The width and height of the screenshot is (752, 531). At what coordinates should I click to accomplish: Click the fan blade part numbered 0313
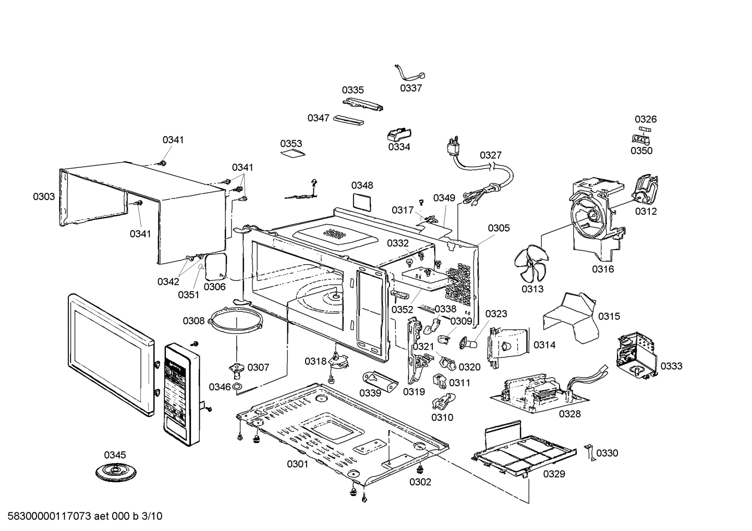click(531, 263)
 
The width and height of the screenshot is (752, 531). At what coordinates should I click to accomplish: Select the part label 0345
click(115, 455)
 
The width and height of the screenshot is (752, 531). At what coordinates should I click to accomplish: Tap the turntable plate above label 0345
click(116, 472)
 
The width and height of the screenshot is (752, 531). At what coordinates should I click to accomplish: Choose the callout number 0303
click(44, 196)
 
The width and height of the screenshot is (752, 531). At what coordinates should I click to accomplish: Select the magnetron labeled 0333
click(635, 356)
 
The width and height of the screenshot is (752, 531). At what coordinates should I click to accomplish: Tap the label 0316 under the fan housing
click(602, 269)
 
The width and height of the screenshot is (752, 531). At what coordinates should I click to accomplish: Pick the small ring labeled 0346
click(237, 387)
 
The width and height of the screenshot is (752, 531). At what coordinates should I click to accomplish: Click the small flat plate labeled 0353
click(292, 153)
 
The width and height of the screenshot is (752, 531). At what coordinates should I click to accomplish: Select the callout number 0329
click(554, 474)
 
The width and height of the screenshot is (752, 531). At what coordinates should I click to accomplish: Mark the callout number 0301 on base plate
click(297, 464)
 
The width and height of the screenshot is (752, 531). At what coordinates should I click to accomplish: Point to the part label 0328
click(569, 414)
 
